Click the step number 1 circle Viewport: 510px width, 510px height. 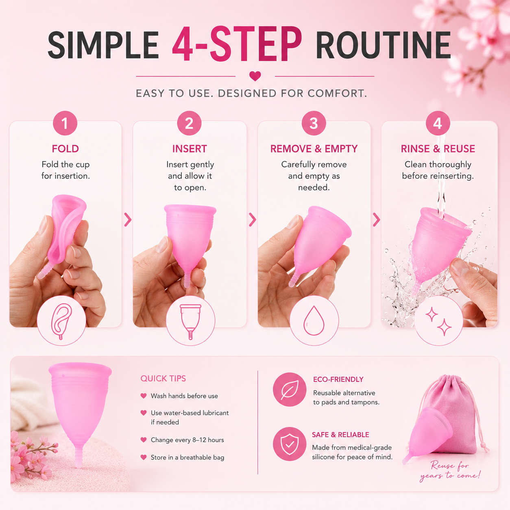pyautogui.click(x=65, y=123)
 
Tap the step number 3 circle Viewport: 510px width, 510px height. pyautogui.click(x=314, y=123)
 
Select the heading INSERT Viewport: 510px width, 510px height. pyautogui.click(x=190, y=149)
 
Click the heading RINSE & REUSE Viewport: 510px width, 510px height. pyautogui.click(x=438, y=149)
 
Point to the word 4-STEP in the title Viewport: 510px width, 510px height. pyautogui.click(x=237, y=44)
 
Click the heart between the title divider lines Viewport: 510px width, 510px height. pyautogui.click(x=255, y=76)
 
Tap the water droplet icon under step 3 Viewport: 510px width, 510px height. pyautogui.click(x=314, y=320)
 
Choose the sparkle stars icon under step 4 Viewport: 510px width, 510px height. pyautogui.click(x=438, y=321)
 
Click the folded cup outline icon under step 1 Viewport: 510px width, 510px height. pyautogui.click(x=61, y=321)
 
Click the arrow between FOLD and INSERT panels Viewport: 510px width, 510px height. pyautogui.click(x=128, y=220)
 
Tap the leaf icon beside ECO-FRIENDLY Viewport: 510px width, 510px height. pyautogui.click(x=290, y=390)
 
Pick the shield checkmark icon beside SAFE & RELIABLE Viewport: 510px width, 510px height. pyautogui.click(x=290, y=444)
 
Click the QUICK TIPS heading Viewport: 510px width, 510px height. pyautogui.click(x=163, y=379)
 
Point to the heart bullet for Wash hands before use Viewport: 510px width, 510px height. pyautogui.click(x=144, y=396)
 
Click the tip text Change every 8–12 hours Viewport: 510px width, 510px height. pyautogui.click(x=187, y=440)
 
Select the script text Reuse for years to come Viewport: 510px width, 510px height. pyautogui.click(x=450, y=471)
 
